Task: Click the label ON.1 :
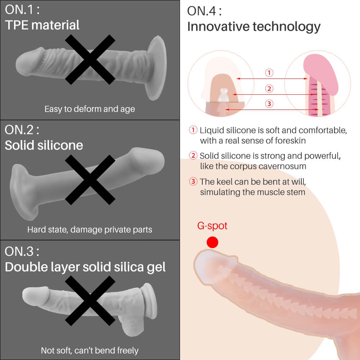click(22, 10)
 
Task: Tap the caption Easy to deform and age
click(90, 109)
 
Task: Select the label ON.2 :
click(22, 130)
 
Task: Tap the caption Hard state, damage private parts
click(90, 229)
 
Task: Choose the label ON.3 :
click(22, 251)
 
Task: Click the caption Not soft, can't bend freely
click(90, 350)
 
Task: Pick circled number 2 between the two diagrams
click(269, 89)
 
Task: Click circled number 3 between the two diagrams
click(269, 104)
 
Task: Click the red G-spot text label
click(212, 226)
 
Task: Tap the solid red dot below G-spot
click(212, 242)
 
